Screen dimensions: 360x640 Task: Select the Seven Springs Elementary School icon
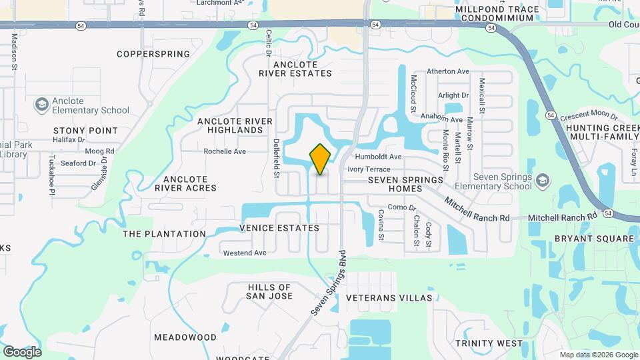click(543, 181)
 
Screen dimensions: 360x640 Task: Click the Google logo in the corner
click(22, 351)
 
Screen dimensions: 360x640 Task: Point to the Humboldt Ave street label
click(378, 157)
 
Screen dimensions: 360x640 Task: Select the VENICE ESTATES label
click(279, 228)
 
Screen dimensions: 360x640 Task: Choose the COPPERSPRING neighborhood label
click(153, 54)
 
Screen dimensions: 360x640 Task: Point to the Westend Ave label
click(244, 253)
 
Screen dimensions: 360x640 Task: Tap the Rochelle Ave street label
click(225, 151)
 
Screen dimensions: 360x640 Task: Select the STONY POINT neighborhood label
click(85, 131)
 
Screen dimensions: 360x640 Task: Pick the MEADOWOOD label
click(185, 337)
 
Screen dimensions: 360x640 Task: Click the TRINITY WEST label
click(489, 343)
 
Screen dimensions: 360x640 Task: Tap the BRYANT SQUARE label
click(594, 239)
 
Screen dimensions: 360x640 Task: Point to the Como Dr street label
click(401, 207)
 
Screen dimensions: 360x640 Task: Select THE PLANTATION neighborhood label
click(165, 234)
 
